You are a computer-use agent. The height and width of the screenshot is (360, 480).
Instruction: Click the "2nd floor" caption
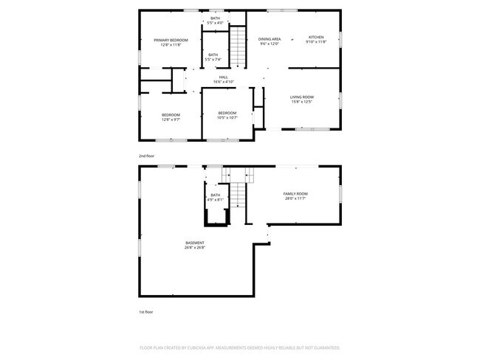pyautogui.click(x=146, y=156)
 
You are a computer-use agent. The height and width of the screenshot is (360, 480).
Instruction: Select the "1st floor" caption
pyautogui.click(x=146, y=312)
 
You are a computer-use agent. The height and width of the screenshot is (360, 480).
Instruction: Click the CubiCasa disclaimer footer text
pyautogui.click(x=239, y=347)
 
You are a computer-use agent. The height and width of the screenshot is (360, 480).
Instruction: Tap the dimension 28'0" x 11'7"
pyautogui.click(x=295, y=198)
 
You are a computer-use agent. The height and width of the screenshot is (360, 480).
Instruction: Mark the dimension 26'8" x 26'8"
pyautogui.click(x=195, y=248)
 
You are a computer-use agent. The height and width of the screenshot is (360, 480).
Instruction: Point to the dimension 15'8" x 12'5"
pyautogui.click(x=301, y=103)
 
